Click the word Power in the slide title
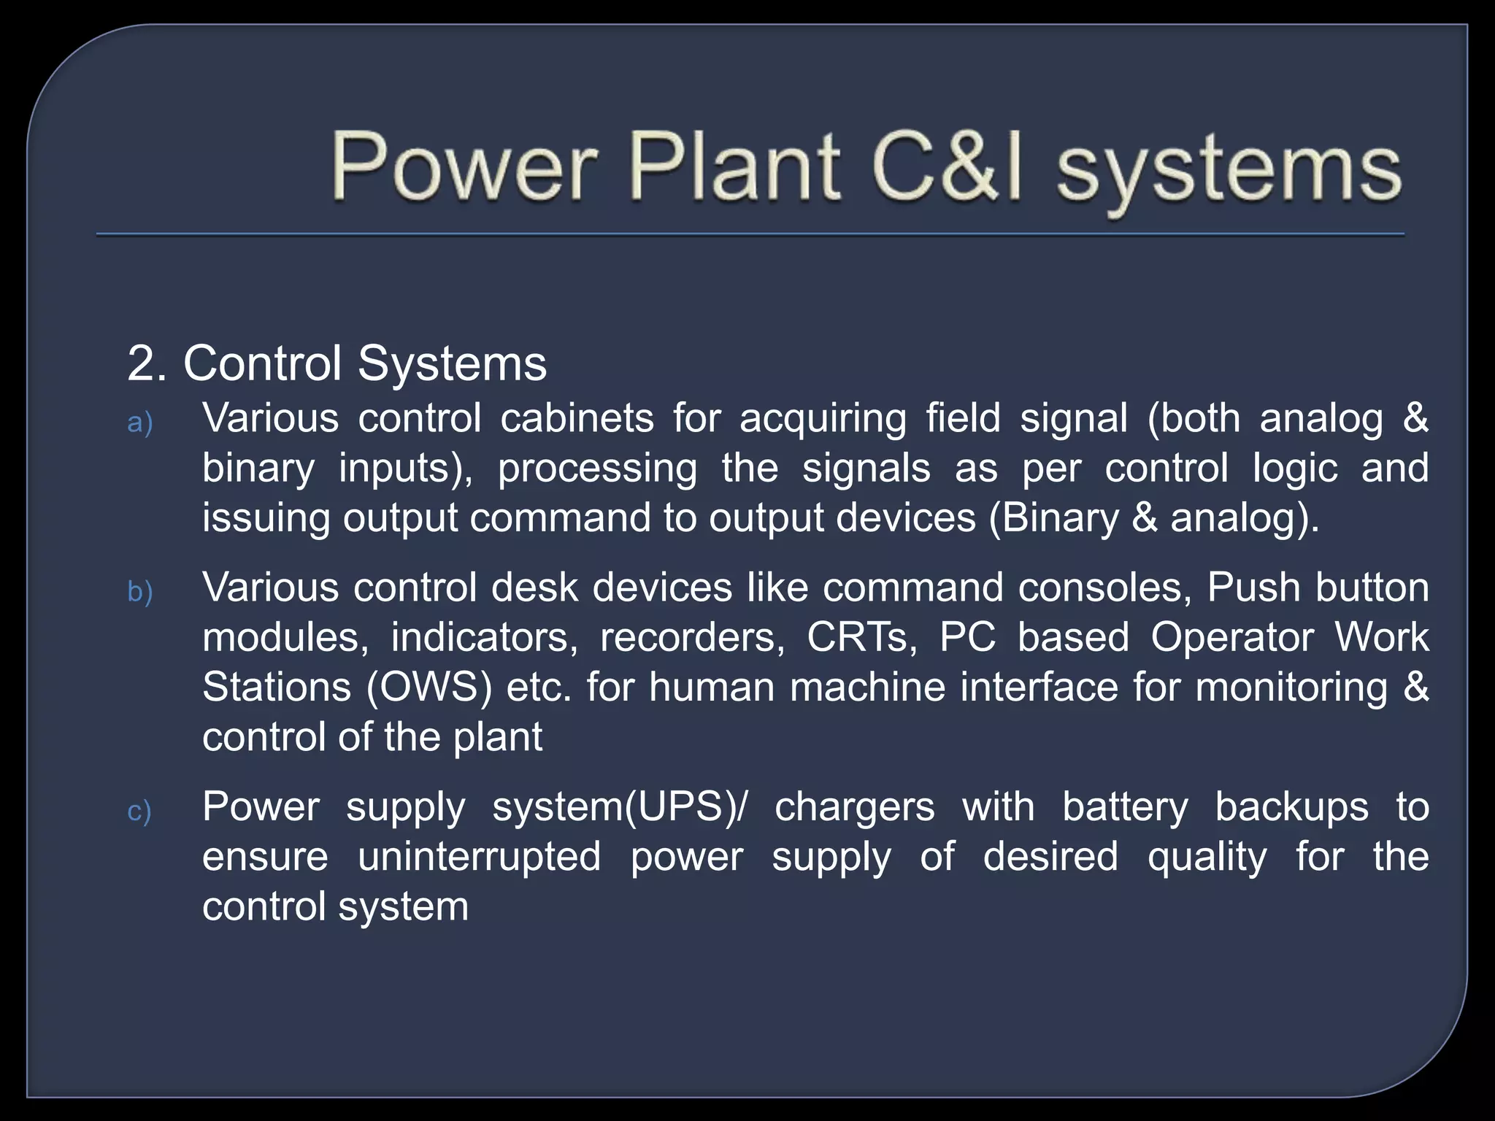click(x=464, y=168)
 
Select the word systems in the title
click(x=1229, y=172)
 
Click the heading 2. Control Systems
click(x=337, y=363)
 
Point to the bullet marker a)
click(x=139, y=423)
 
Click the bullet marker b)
click(x=139, y=591)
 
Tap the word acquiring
click(x=823, y=420)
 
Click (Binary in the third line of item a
click(x=1053, y=519)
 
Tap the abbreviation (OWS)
click(x=429, y=688)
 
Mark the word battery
click(x=1125, y=808)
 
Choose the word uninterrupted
click(x=479, y=857)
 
